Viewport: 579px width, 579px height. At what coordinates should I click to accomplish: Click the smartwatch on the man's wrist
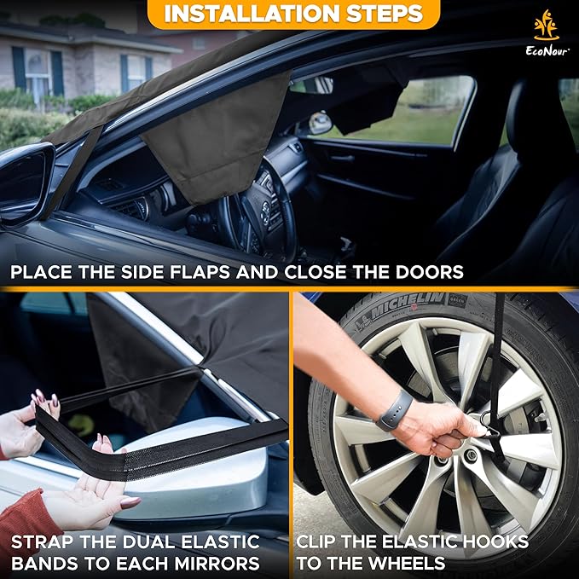(394, 410)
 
